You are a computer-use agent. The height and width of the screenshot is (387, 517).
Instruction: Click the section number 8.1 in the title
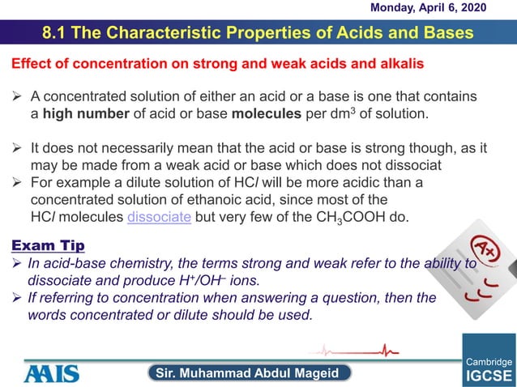point(59,33)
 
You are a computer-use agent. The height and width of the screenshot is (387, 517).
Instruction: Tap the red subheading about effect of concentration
point(216,63)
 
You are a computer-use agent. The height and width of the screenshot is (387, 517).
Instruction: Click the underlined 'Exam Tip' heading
point(44,245)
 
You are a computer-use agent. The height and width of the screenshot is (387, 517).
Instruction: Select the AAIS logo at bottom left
point(51,372)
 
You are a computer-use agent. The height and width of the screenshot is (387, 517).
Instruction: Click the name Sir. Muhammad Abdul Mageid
point(253,372)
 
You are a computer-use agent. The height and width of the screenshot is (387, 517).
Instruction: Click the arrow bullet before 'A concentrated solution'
point(16,97)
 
